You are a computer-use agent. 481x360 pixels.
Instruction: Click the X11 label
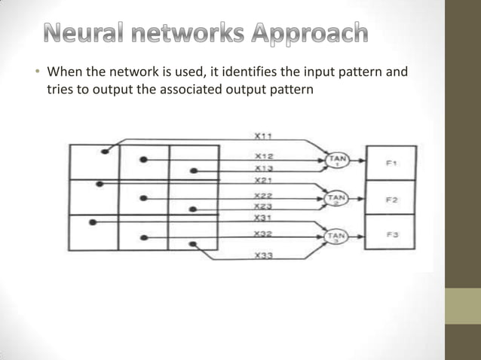pos(263,136)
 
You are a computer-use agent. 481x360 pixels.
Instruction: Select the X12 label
pos(263,156)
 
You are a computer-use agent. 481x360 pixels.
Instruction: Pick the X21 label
pos(263,181)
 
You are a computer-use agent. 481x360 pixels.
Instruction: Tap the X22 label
pos(263,195)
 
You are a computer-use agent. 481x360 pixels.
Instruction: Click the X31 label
pos(263,218)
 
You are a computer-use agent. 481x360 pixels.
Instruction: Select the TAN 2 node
pos(335,199)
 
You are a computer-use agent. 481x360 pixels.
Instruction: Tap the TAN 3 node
pos(335,236)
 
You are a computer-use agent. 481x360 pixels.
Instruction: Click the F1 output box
pos(391,163)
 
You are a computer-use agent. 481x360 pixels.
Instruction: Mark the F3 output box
pos(391,233)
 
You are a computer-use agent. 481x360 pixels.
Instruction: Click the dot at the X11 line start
pos(104,151)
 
